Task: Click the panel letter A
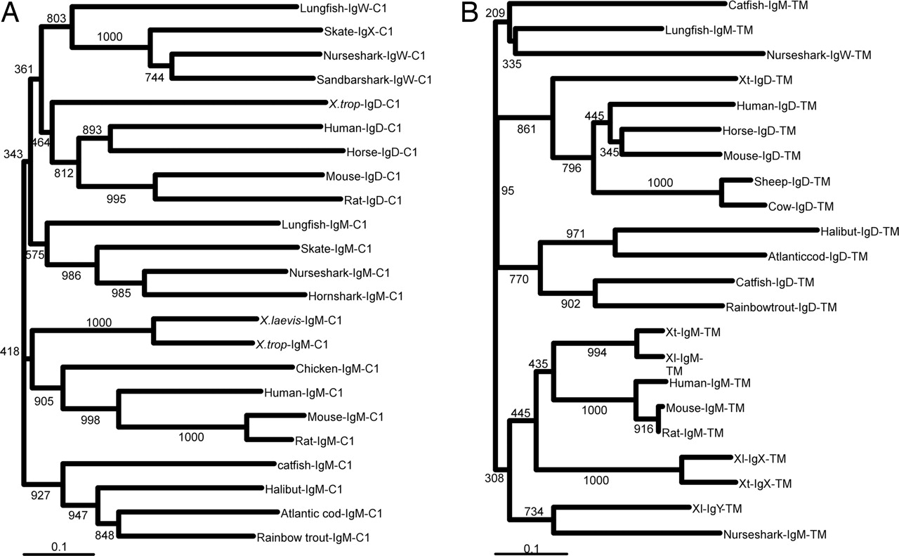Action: click(12, 14)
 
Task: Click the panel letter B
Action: click(470, 14)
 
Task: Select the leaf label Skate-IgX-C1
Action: click(350, 32)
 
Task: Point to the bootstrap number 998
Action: click(90, 420)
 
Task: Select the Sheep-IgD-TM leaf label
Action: click(792, 181)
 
